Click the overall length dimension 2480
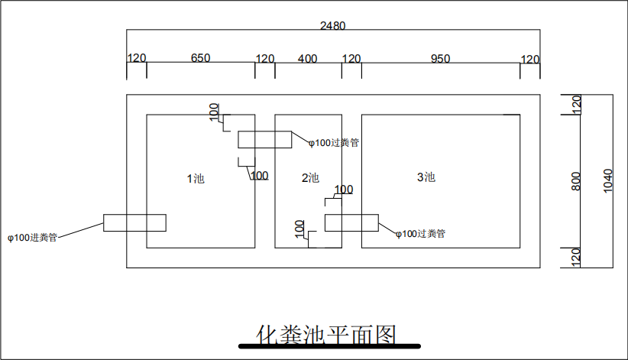(332, 25)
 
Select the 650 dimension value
(200, 58)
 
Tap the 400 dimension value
(307, 58)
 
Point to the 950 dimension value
(441, 58)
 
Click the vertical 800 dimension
(576, 181)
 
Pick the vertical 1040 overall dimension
(608, 181)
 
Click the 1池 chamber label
(196, 179)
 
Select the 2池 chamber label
(310, 178)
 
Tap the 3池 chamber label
(426, 177)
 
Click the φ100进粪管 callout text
(33, 238)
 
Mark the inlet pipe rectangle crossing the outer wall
(134, 222)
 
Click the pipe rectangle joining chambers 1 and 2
(264, 140)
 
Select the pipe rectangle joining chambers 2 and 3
(351, 222)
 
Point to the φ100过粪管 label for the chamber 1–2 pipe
(334, 142)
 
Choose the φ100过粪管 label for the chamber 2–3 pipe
(420, 233)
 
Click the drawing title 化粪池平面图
(326, 334)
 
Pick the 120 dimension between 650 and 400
(264, 58)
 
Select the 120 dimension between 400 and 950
(351, 58)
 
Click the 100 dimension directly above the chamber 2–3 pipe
(344, 190)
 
